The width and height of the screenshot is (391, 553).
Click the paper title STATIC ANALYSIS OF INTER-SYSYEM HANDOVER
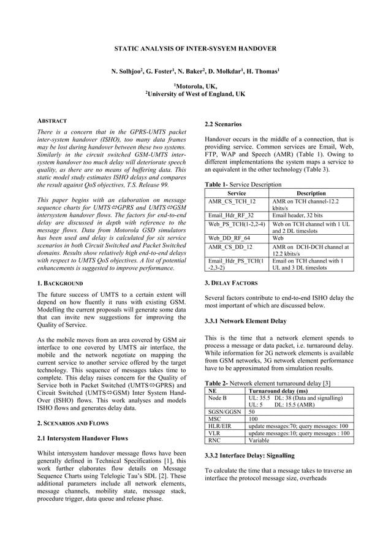(x=195, y=47)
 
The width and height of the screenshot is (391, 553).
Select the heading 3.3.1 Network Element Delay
(x=245, y=321)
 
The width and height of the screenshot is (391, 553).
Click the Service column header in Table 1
(x=237, y=193)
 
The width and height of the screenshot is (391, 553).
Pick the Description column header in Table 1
(x=311, y=193)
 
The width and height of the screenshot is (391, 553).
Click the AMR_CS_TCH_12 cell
(x=232, y=201)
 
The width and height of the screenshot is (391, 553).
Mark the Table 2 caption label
(x=216, y=383)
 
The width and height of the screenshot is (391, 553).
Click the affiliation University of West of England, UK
(x=195, y=94)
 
